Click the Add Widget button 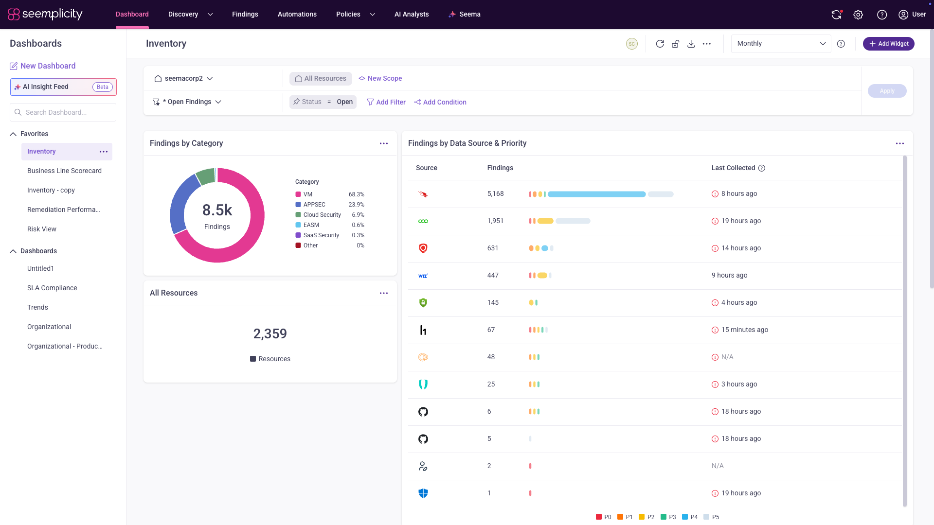point(888,44)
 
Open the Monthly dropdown point(781,44)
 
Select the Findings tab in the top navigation point(245,14)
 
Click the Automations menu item point(297,14)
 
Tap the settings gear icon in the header point(858,15)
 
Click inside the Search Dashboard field point(63,112)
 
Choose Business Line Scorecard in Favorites point(64,171)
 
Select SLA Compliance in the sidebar point(52,288)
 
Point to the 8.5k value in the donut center point(217,210)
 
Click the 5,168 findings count point(496,193)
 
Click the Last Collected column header point(734,168)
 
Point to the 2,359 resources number point(270,333)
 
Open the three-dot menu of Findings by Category point(384,143)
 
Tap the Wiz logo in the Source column point(423,276)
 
